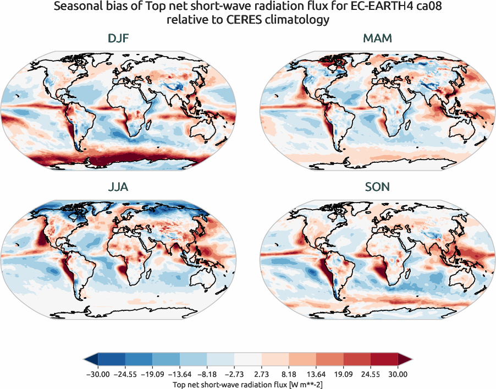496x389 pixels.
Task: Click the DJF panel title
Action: click(x=119, y=40)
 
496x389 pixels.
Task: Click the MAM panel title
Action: click(x=377, y=40)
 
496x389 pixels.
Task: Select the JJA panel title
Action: click(x=119, y=187)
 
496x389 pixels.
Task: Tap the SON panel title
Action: click(x=377, y=187)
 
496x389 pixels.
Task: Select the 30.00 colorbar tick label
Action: click(x=398, y=375)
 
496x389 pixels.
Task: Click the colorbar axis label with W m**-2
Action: click(x=247, y=383)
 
